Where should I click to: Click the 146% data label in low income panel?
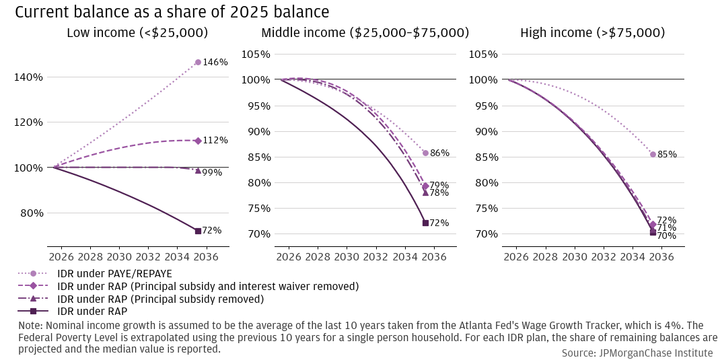pos(215,63)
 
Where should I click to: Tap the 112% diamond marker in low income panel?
pos(198,141)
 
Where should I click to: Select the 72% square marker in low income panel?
pos(198,231)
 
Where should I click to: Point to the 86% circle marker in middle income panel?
pos(425,153)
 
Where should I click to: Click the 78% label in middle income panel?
pos(439,193)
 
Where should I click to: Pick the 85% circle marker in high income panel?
pos(653,154)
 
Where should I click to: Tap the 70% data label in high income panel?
pos(667,236)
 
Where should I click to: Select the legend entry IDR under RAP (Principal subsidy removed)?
pos(160,299)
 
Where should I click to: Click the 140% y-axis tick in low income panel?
pos(29,77)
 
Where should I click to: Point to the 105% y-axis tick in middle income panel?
pos(256,55)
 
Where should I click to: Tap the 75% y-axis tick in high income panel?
pos(485,209)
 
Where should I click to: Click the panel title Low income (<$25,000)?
pos(137,33)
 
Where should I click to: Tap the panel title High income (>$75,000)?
pos(593,33)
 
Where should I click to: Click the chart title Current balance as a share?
pos(172,12)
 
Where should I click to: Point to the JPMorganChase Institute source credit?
pos(637,353)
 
